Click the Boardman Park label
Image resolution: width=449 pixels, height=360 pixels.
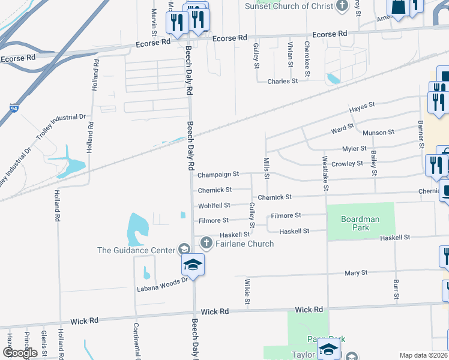360,224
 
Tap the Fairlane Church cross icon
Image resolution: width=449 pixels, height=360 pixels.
206,243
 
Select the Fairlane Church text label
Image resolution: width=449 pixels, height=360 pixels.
244,244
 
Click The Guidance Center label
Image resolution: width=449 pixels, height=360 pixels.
137,250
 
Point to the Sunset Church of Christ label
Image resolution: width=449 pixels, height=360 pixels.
289,6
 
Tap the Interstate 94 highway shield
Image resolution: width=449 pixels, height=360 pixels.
13,109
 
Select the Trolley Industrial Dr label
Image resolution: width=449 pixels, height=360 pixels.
61,127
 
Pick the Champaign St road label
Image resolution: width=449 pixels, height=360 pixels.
218,174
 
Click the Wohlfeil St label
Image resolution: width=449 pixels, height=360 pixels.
214,206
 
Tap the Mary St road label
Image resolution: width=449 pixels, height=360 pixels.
356,273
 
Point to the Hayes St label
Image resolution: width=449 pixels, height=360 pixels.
362,106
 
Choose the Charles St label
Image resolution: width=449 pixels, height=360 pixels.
283,81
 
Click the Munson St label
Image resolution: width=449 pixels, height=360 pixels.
379,132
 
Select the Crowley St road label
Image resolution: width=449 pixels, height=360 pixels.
347,163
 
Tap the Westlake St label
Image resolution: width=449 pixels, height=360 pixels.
326,173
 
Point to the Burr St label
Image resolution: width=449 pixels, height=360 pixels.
396,289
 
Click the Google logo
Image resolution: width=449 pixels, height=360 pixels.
20,353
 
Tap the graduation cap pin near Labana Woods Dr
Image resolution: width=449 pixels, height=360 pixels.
193,265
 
